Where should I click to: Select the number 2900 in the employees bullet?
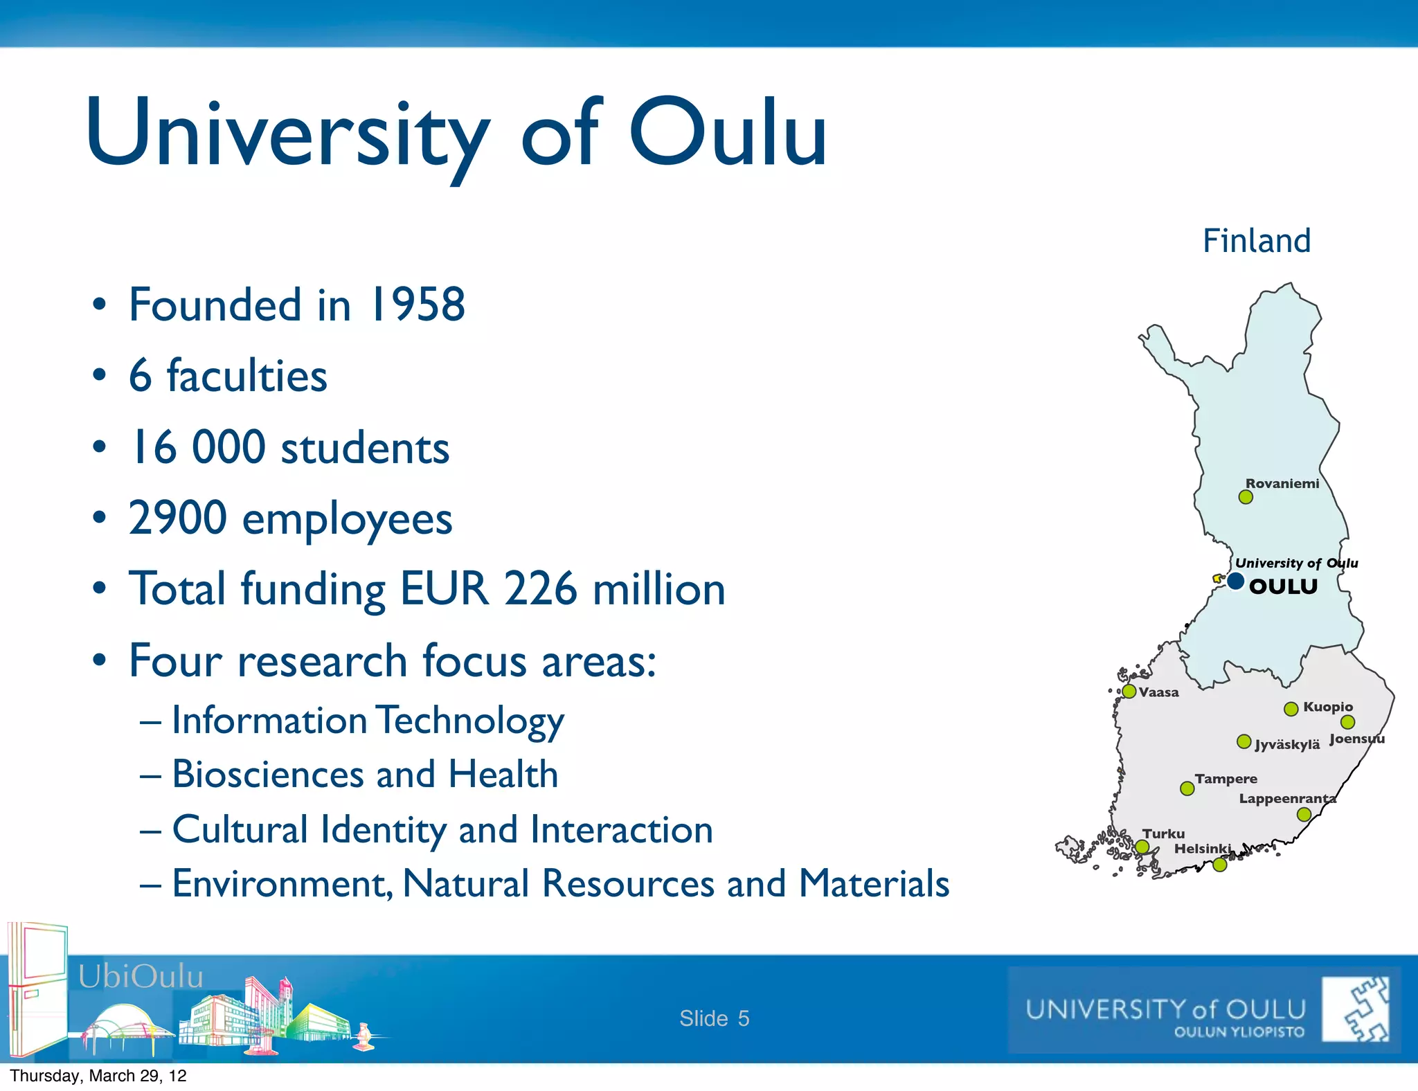pos(178,518)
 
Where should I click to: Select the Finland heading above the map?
pos(1256,241)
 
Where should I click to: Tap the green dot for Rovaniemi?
pos(1246,497)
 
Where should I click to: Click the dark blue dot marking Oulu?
pos(1235,581)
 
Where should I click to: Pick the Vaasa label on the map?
pos(1158,692)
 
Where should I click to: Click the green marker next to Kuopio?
pos(1291,709)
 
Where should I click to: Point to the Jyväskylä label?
pos(1287,745)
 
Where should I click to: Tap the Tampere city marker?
pos(1187,788)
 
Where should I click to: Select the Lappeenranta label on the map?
pos(1286,799)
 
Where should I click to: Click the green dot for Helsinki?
pos(1220,865)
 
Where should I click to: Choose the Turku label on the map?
pos(1163,834)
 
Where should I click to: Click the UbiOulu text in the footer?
pos(141,977)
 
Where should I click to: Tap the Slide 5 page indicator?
pos(714,1018)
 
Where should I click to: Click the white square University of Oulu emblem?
pos(1355,1009)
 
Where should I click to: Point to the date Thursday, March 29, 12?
pos(98,1076)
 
